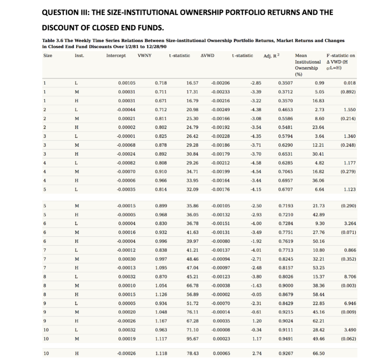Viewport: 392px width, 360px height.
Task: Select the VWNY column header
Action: tap(144, 55)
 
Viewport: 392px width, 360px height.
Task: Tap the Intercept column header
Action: tap(116, 55)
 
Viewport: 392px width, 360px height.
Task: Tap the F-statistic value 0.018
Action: tap(350, 82)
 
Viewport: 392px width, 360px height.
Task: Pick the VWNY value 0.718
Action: tap(161, 82)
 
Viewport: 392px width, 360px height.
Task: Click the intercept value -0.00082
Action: tap(126, 163)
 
